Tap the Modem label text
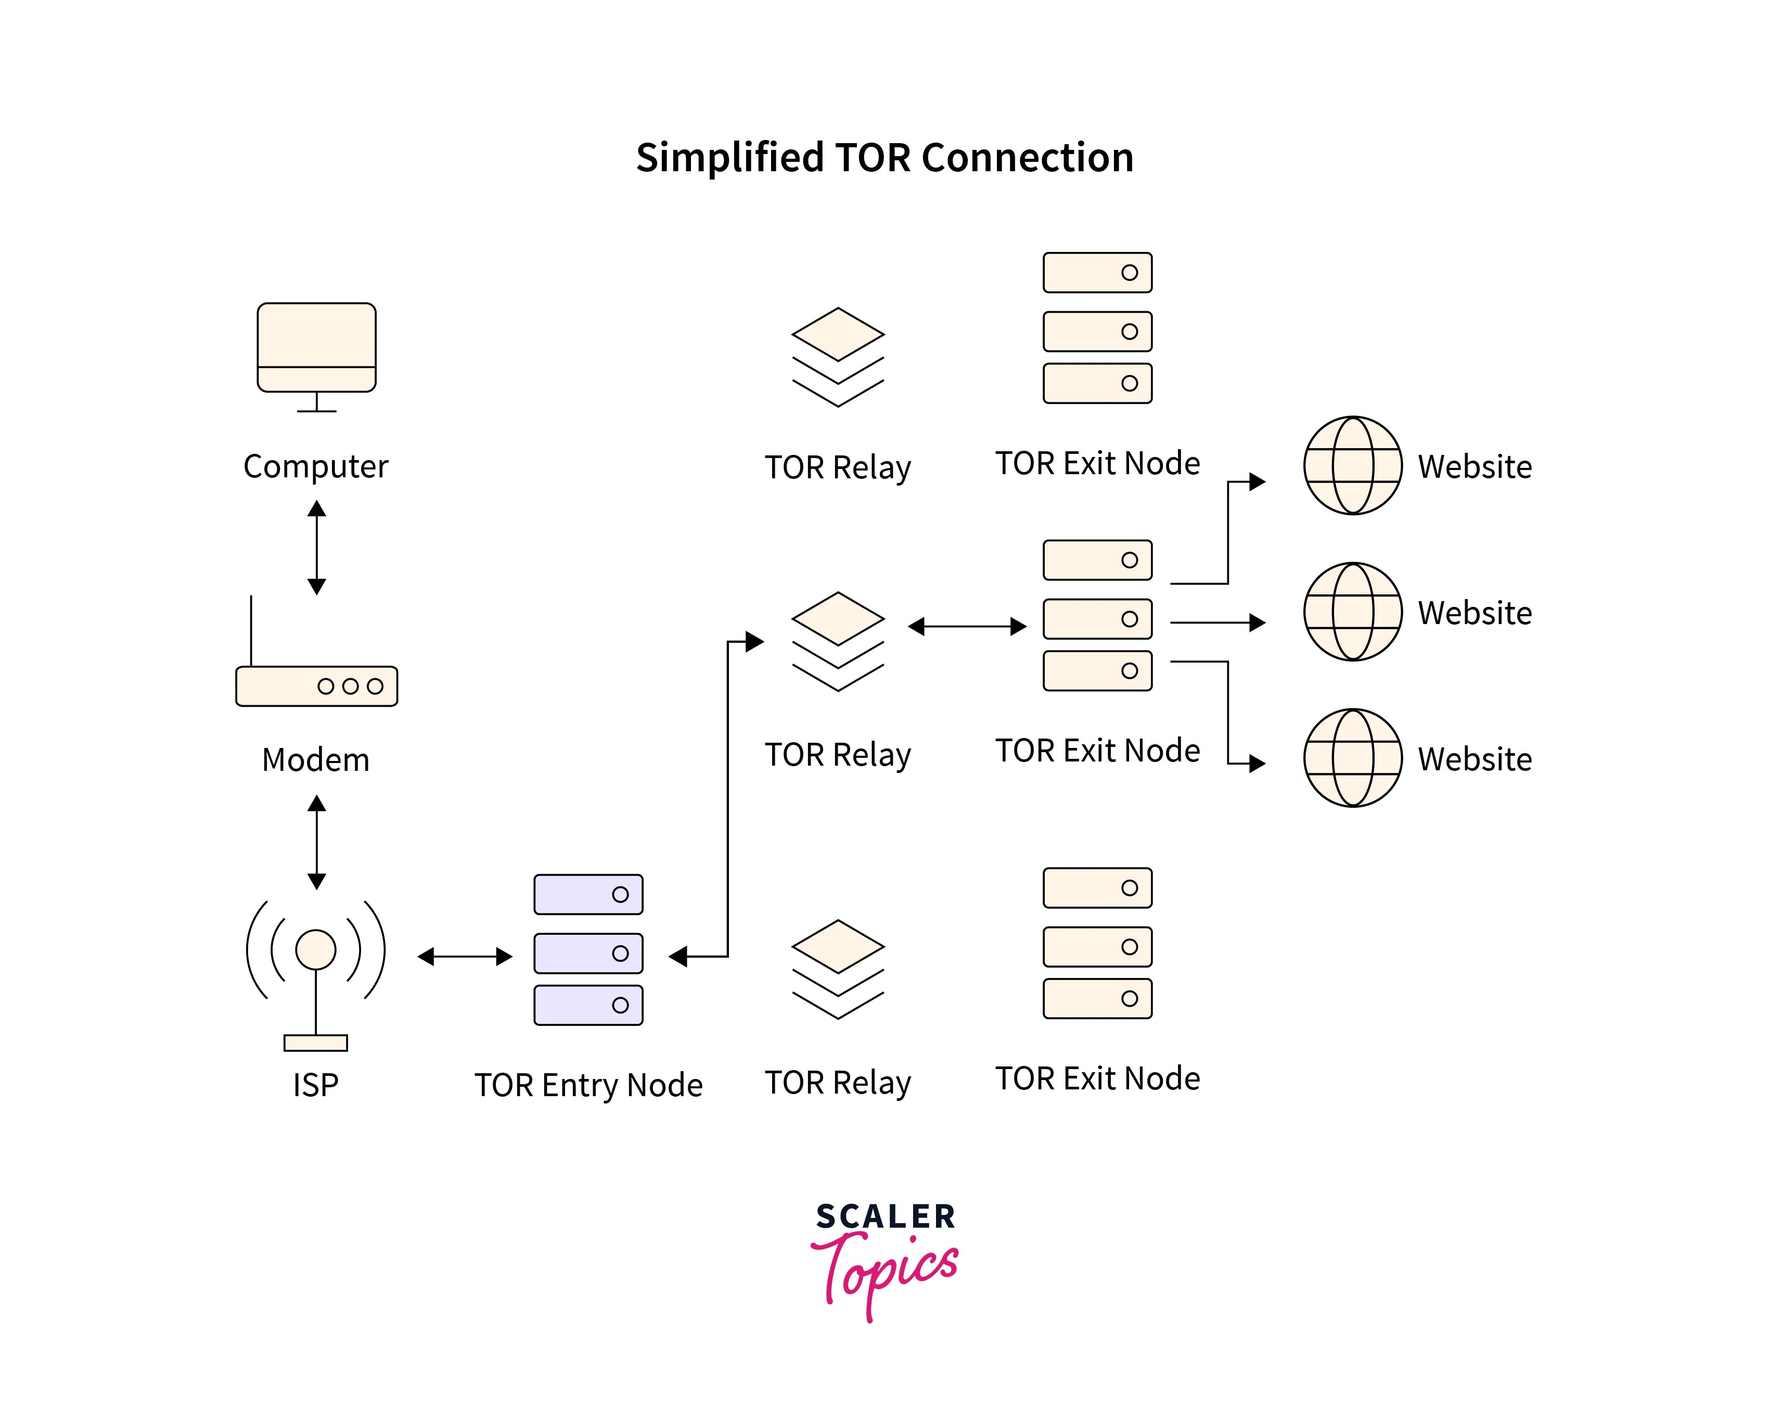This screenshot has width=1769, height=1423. point(315,760)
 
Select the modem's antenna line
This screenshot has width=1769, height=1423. point(251,630)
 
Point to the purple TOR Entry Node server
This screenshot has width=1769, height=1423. point(588,949)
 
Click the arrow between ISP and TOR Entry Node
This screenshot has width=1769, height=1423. point(465,956)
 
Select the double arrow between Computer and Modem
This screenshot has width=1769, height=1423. point(317,548)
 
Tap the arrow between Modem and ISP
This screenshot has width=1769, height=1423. point(317,842)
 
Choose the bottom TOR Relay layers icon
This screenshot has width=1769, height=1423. point(838,969)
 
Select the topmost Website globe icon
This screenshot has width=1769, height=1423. point(1352,465)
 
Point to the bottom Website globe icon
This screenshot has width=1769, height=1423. point(1352,757)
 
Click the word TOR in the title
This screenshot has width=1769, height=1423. point(874,158)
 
